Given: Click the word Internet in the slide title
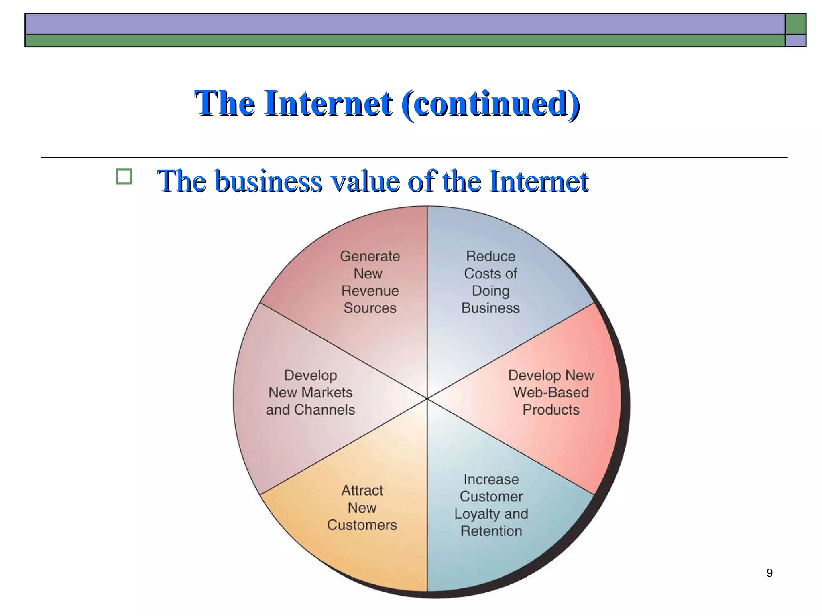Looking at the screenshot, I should tap(328, 103).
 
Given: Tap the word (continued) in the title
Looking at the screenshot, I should tap(490, 103).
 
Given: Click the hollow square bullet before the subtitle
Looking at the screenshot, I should tap(124, 177).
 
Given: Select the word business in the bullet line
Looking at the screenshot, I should tap(269, 181).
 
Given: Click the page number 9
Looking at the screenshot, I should tap(769, 573).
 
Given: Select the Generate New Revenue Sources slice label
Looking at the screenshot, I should tap(370, 282).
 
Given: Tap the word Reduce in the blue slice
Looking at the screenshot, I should tap(490, 256).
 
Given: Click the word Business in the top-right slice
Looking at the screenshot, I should tap(490, 308).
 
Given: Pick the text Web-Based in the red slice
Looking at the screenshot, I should tap(551, 393).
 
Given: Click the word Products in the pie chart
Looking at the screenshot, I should tap(551, 410).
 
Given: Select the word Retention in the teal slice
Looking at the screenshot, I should tap(491, 531).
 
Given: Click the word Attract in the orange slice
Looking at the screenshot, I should tap(362, 490).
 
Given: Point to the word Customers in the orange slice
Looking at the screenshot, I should tap(362, 525).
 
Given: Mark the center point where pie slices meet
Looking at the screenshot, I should tap(427, 399).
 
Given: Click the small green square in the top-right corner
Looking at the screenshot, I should tap(796, 24).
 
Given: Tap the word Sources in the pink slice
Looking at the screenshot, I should tap(370, 308).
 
